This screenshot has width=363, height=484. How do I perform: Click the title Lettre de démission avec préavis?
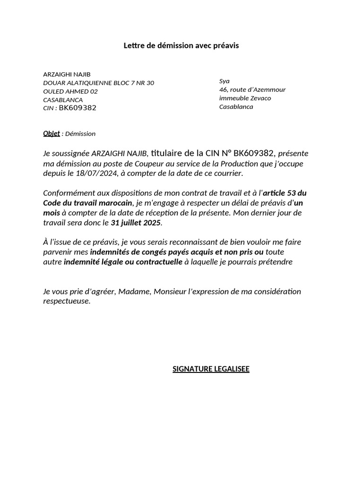(x=181, y=46)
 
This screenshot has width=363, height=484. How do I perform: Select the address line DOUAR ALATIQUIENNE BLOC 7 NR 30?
(x=98, y=83)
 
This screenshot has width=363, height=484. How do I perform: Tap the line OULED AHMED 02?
(x=70, y=91)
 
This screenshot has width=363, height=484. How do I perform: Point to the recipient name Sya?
(x=224, y=81)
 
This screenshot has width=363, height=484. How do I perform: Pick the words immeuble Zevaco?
(x=245, y=98)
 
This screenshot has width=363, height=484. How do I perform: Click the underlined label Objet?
(x=52, y=133)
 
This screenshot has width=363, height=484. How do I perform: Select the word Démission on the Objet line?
(x=80, y=134)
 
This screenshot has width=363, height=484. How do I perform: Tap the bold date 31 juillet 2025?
(x=136, y=223)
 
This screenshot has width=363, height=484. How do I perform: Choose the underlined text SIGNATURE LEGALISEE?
(x=211, y=369)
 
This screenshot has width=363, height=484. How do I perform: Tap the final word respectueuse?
(x=66, y=301)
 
